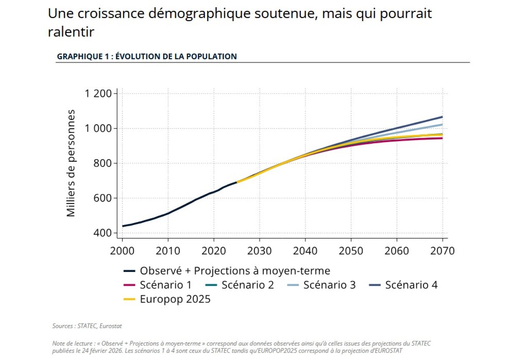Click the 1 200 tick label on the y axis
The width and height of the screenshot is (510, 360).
click(x=98, y=93)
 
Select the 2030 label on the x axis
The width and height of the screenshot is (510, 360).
click(x=260, y=251)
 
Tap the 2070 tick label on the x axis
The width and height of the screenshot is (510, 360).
click(x=442, y=251)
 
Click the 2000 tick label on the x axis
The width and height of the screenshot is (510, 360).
click(x=122, y=251)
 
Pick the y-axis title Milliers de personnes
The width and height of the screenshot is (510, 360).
click(x=71, y=163)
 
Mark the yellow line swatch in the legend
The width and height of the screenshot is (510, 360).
click(x=130, y=299)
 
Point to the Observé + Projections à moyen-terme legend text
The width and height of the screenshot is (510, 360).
click(x=235, y=271)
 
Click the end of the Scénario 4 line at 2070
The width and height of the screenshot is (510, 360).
click(x=442, y=117)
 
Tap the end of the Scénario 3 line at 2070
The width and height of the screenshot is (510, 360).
click(x=442, y=125)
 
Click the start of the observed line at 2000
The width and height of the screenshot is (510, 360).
click(x=122, y=226)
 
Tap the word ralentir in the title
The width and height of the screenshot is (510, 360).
click(x=71, y=32)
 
